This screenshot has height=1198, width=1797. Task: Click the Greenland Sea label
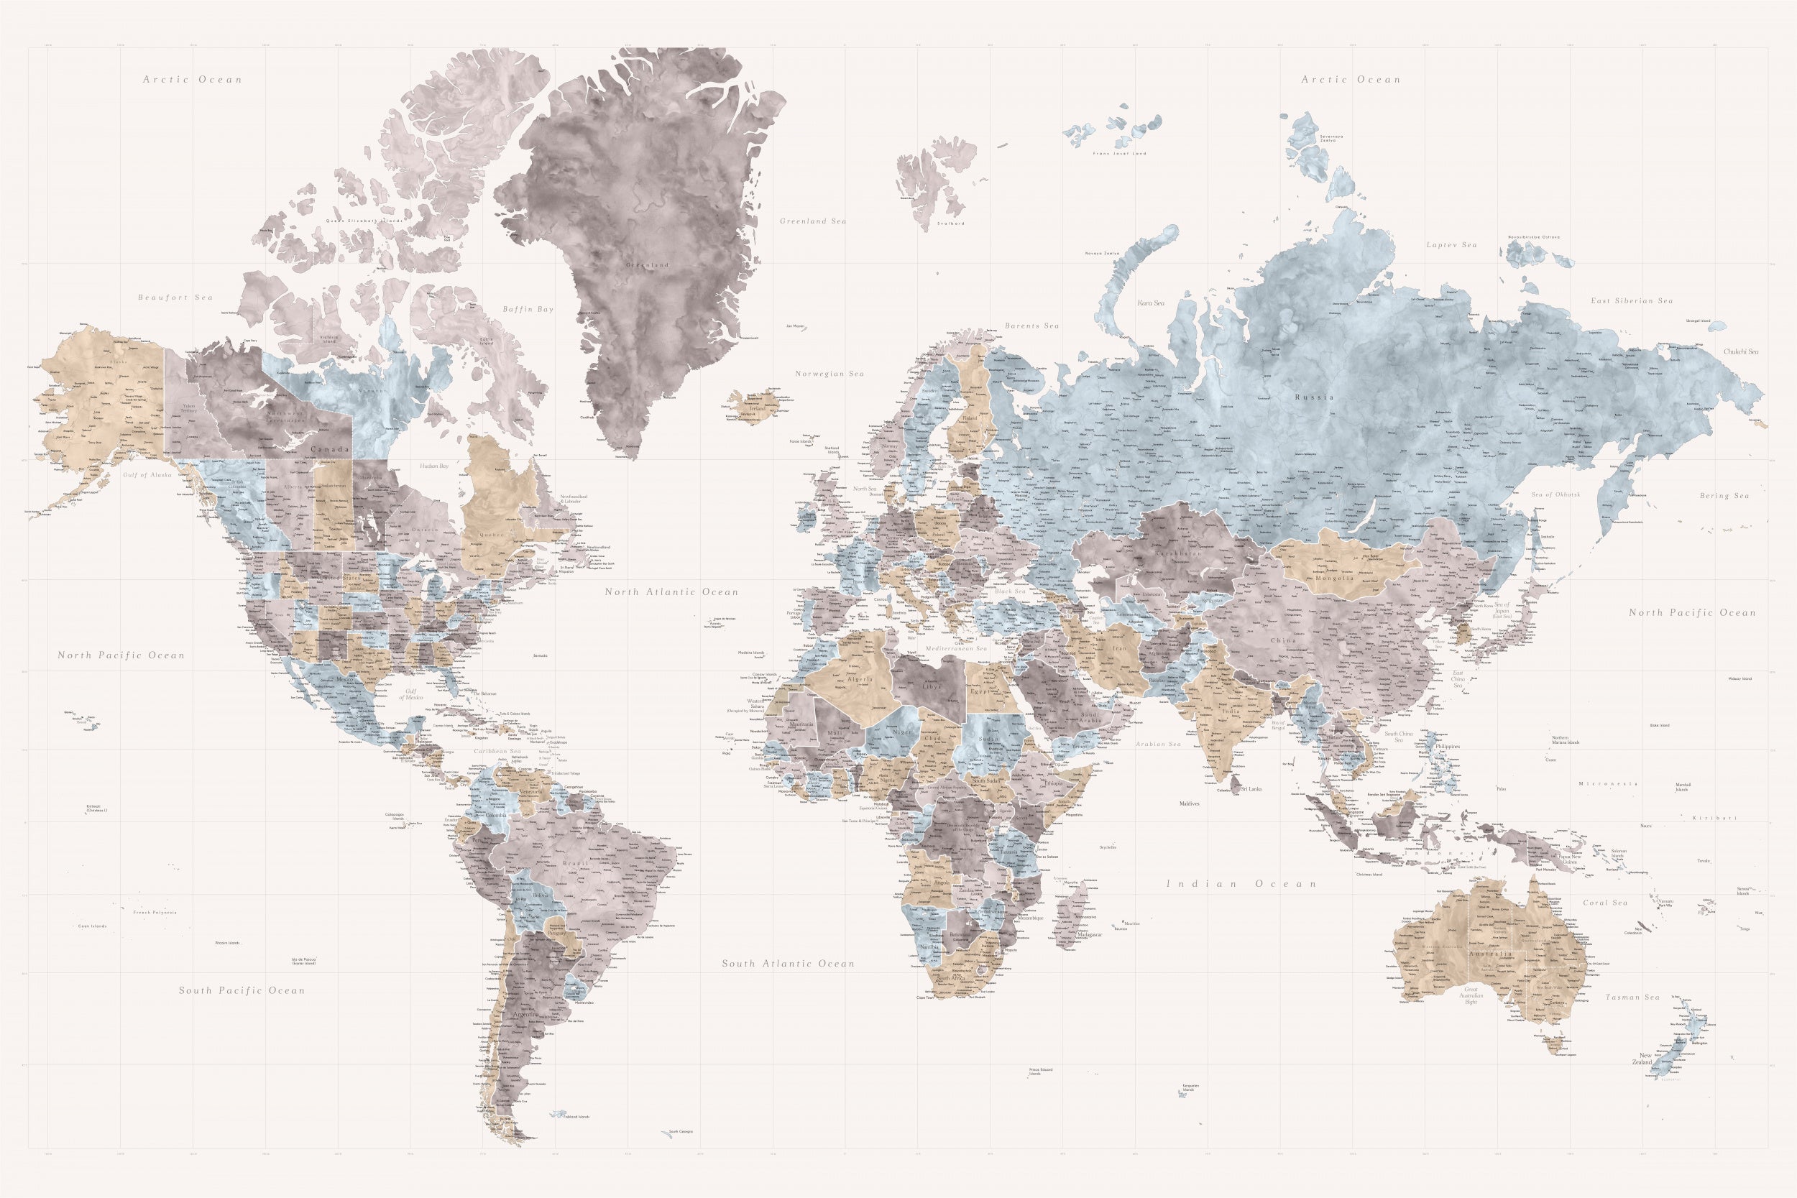(x=813, y=221)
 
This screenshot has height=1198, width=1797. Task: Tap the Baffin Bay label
(x=528, y=310)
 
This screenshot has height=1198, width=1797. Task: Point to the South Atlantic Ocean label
(x=789, y=964)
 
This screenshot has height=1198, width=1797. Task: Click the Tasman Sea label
(x=1632, y=997)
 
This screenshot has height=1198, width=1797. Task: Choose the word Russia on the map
(x=1314, y=397)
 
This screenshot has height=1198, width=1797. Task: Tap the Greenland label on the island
(x=647, y=265)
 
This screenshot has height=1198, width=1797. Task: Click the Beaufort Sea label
(x=175, y=298)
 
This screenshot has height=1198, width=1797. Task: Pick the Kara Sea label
(x=1151, y=303)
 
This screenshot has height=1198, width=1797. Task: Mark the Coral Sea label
(x=1605, y=903)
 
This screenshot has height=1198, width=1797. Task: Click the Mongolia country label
(x=1335, y=579)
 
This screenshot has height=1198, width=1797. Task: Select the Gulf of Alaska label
(x=147, y=475)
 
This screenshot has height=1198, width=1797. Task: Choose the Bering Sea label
(x=1724, y=496)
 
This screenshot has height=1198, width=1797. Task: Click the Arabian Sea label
(x=1158, y=744)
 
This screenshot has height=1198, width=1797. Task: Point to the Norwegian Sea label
(x=829, y=374)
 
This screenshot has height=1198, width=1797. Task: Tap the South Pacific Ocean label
(x=242, y=991)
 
